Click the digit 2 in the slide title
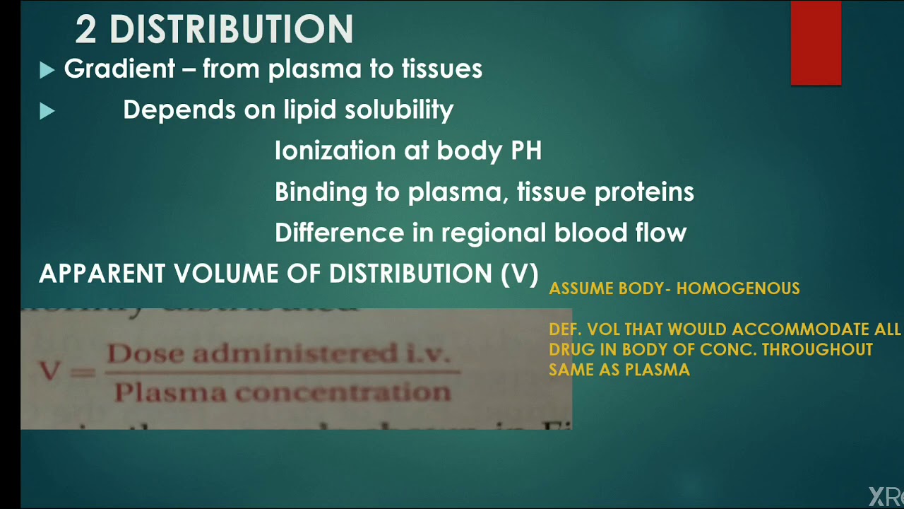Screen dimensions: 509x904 85,30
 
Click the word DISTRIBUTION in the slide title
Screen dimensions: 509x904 232,30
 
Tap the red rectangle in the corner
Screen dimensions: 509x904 816,42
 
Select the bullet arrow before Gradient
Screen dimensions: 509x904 47,70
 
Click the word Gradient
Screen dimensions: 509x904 119,69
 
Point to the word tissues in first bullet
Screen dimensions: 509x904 442,69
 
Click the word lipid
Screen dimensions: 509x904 311,110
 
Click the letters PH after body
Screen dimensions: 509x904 524,151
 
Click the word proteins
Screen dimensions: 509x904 644,192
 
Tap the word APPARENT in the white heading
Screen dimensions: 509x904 102,274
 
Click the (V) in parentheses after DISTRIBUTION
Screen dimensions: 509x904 520,274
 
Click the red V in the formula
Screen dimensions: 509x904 49,371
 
